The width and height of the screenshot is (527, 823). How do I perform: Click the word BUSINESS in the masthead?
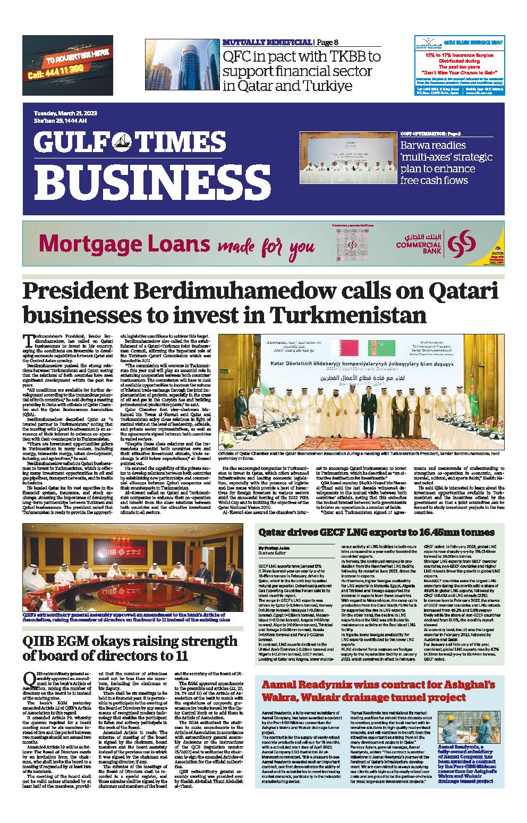click(142, 180)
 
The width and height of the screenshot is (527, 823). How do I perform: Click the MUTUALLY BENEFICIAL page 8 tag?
click(274, 43)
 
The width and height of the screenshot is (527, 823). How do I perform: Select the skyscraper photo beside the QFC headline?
click(182, 66)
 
